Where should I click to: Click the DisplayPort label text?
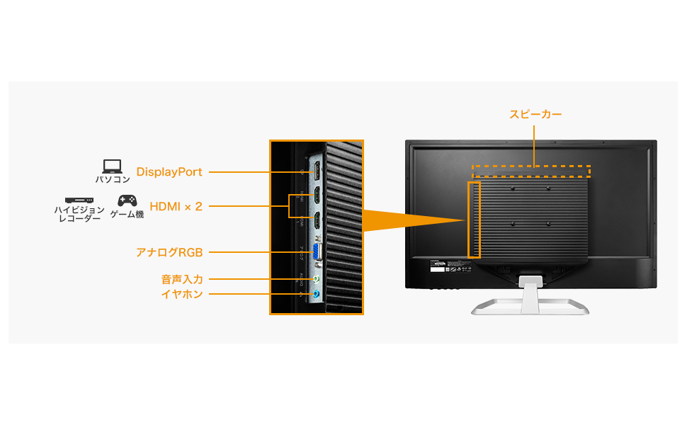click(x=169, y=172)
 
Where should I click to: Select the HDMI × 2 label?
click(x=176, y=207)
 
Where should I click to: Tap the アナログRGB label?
click(x=169, y=252)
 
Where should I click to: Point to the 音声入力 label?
click(x=182, y=280)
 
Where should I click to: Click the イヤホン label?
click(x=182, y=293)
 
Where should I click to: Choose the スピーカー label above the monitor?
click(x=535, y=114)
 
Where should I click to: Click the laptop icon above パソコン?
click(x=113, y=166)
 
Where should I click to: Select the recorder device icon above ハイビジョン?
click(x=79, y=201)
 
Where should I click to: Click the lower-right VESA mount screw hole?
click(x=550, y=224)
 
